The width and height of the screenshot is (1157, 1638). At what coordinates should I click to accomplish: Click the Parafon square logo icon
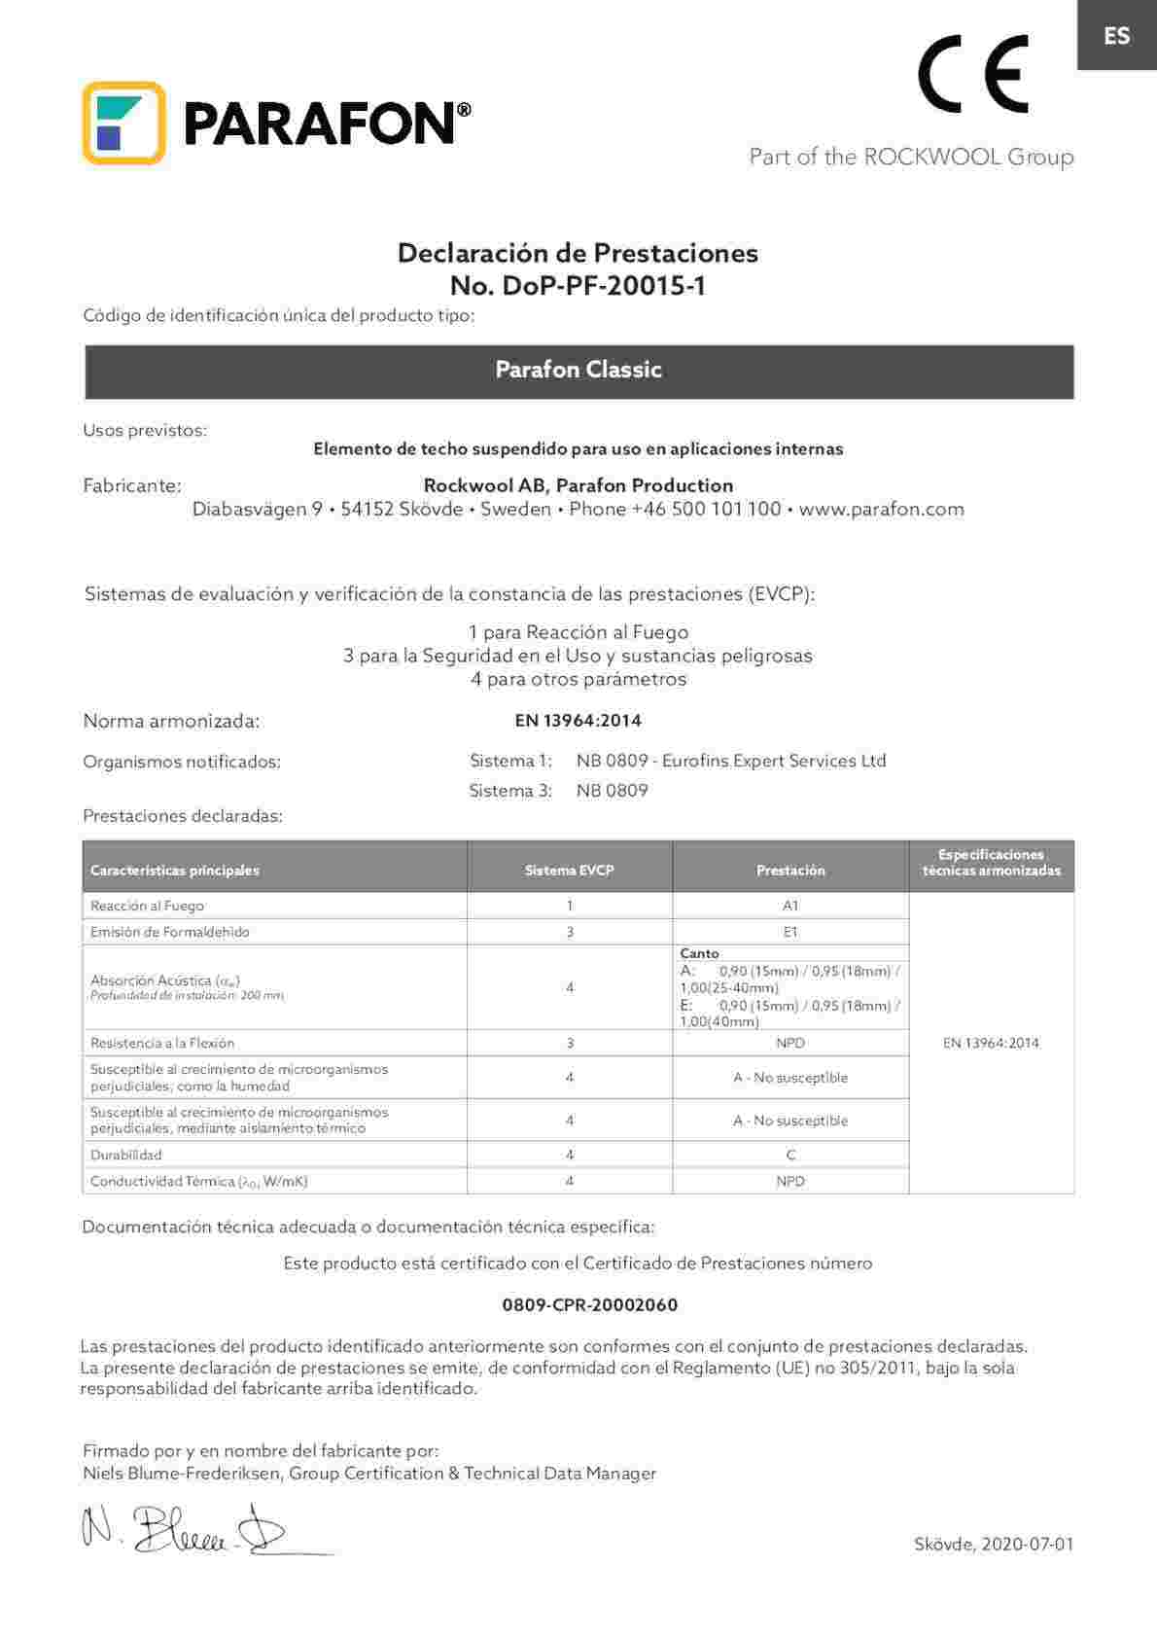[x=123, y=123]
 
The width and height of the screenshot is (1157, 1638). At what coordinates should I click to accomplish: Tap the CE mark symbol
[x=972, y=74]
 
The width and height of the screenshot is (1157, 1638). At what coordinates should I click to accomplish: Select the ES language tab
[x=1116, y=36]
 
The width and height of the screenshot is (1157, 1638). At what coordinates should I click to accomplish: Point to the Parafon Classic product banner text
[x=578, y=370]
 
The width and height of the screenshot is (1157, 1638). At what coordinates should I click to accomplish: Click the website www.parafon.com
[x=881, y=509]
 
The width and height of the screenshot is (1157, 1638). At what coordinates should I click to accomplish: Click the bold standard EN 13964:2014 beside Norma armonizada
[x=578, y=721]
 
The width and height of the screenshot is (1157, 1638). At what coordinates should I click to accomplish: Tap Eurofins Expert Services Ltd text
[x=773, y=761]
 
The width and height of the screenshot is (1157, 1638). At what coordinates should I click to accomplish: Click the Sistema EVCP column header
[x=569, y=871]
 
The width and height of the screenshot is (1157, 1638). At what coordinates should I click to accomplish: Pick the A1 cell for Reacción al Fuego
[x=790, y=906]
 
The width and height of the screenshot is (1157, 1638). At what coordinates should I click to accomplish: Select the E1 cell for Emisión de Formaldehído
[x=790, y=932]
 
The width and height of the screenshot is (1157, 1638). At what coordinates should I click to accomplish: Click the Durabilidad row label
[x=126, y=1155]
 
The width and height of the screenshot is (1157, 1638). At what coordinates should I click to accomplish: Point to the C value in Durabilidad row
[x=790, y=1155]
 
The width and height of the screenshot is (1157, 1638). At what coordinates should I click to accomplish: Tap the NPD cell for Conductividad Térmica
[x=790, y=1181]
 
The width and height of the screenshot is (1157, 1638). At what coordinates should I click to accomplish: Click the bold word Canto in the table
[x=699, y=953]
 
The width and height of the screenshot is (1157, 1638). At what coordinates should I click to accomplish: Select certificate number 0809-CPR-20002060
[x=589, y=1304]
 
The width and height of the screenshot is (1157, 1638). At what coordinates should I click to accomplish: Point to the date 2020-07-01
[x=1028, y=1544]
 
